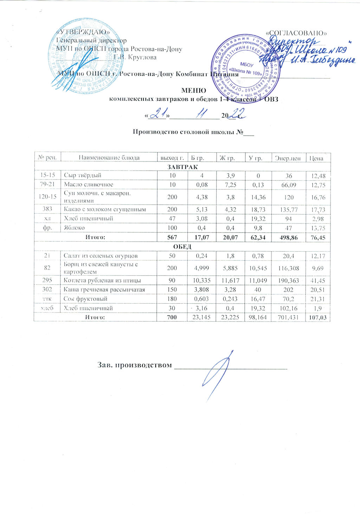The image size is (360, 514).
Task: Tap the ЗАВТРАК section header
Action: tap(182, 166)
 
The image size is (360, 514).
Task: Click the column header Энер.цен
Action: tap(288, 158)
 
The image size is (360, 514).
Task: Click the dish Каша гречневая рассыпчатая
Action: tap(104, 290)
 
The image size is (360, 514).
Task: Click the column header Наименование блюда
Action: tap(109, 158)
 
